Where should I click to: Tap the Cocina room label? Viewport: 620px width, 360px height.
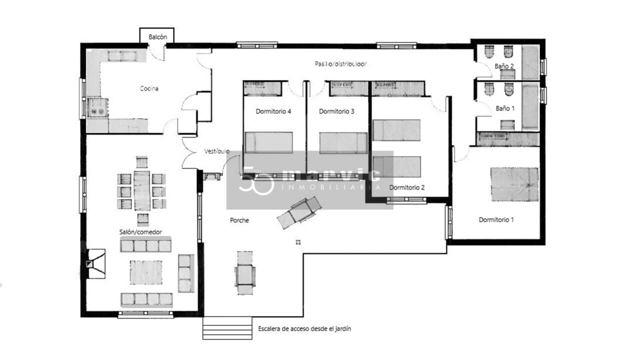pyautogui.click(x=149, y=88)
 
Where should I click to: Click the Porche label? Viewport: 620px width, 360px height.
pyautogui.click(x=239, y=220)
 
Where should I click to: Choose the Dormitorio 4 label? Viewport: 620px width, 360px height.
pyautogui.click(x=273, y=111)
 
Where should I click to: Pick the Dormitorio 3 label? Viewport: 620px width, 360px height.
pyautogui.click(x=336, y=111)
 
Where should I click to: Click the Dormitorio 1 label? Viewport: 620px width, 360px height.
pyautogui.click(x=496, y=219)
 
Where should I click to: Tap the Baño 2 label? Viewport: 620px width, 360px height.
pyautogui.click(x=504, y=65)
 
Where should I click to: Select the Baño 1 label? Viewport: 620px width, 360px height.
pyautogui.click(x=504, y=108)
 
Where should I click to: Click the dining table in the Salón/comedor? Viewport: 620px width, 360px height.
pyautogui.click(x=142, y=190)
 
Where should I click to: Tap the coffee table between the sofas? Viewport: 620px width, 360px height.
pyautogui.click(x=145, y=272)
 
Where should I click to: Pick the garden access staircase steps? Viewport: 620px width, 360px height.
pyautogui.click(x=227, y=328)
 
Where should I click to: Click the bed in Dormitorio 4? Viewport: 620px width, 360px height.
pyautogui.click(x=268, y=142)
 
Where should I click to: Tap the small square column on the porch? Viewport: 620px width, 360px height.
pyautogui.click(x=298, y=242)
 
